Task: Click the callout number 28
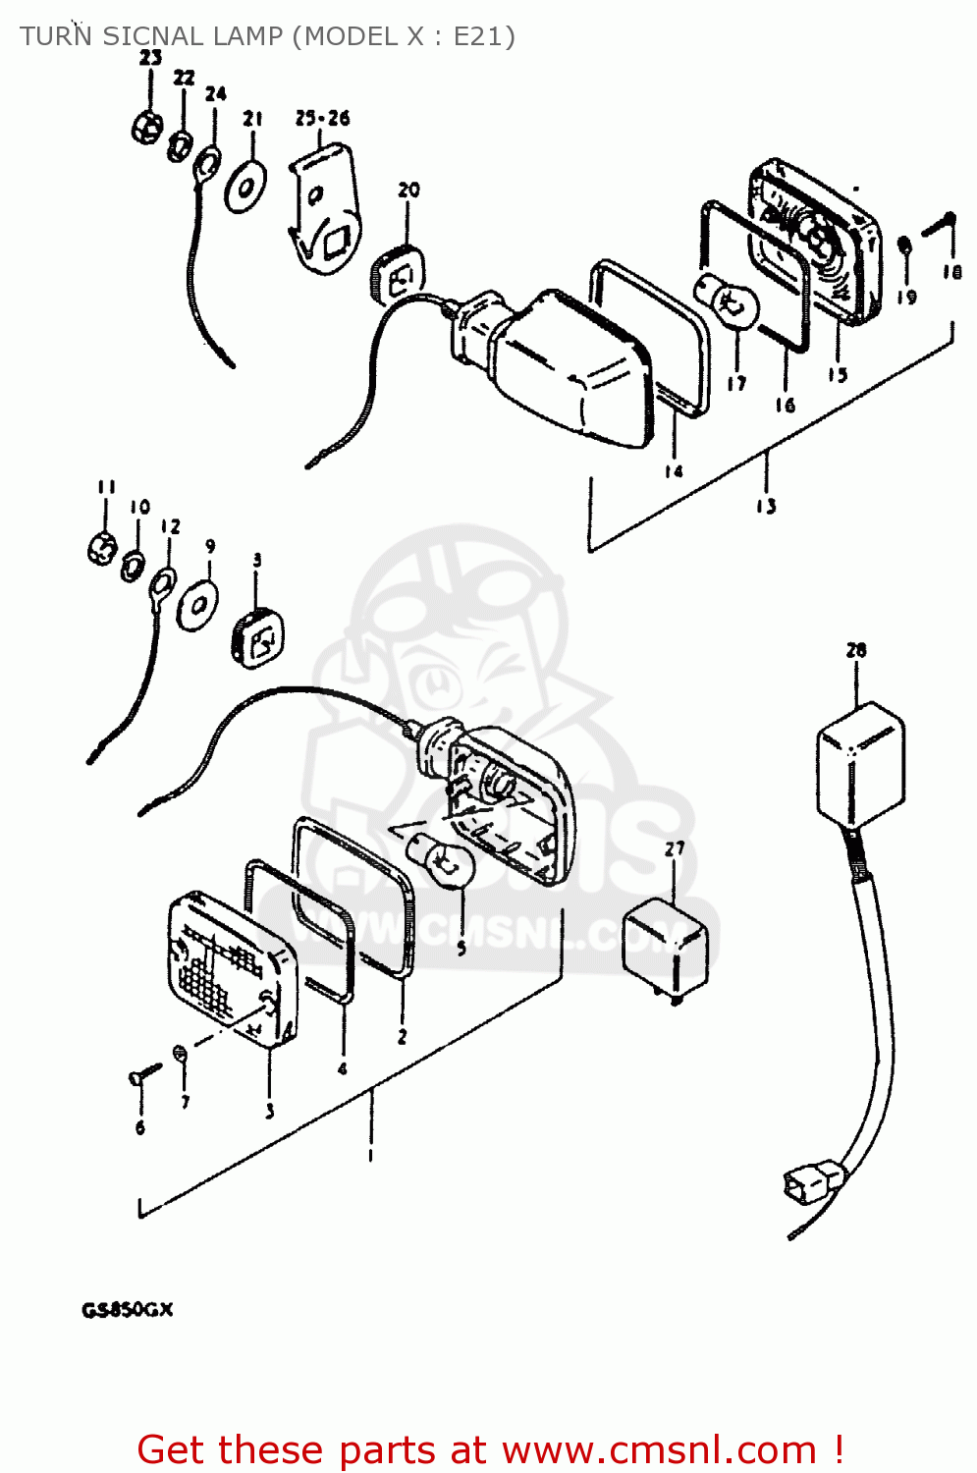coord(855,650)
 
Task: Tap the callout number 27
coord(675,848)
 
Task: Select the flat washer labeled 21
coord(245,186)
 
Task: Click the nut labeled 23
coord(148,127)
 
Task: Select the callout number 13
coord(766,506)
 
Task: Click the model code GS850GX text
coord(127,1310)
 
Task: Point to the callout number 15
coord(837,374)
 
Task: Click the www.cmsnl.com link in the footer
coord(659,1449)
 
